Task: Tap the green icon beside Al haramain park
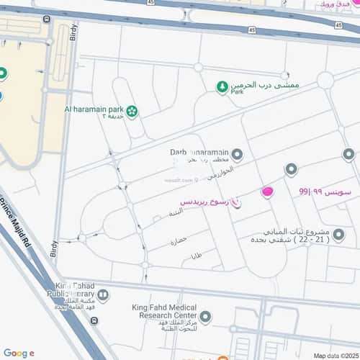(132, 111)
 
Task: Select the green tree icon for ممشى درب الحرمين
(222, 87)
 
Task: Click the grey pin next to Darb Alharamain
(237, 154)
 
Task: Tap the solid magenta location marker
(267, 192)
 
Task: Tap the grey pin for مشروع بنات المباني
(338, 234)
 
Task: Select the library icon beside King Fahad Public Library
(104, 294)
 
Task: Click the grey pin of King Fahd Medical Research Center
(205, 316)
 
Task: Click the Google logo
(18, 353)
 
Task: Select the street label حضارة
(179, 238)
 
